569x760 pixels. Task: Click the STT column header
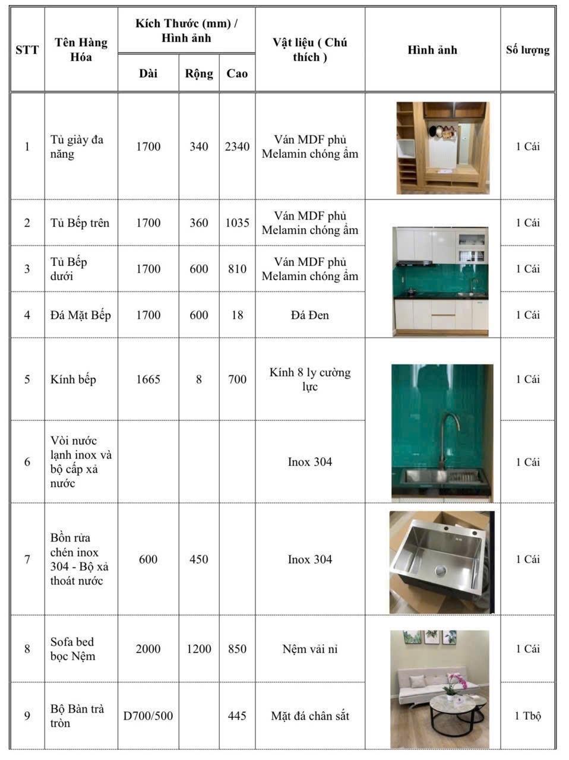coord(27,50)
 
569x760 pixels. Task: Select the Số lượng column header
coord(527,50)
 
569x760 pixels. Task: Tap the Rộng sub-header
coord(199,74)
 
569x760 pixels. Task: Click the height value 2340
coord(237,147)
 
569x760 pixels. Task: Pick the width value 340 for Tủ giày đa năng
coord(199,147)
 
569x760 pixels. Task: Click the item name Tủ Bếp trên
coord(80,223)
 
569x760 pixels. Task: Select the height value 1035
coord(237,223)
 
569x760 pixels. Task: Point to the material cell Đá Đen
coord(310,315)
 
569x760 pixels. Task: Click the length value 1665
coord(148,379)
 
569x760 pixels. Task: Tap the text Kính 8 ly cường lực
coord(310,379)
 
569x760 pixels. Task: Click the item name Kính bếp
coord(73,379)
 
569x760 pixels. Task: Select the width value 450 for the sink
coord(199,559)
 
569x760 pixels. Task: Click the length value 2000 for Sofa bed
coord(148,649)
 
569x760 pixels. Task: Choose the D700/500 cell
coord(148,716)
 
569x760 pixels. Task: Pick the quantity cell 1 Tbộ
coord(527,716)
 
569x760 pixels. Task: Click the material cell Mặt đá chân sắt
coord(310,716)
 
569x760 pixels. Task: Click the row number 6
coord(27,462)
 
